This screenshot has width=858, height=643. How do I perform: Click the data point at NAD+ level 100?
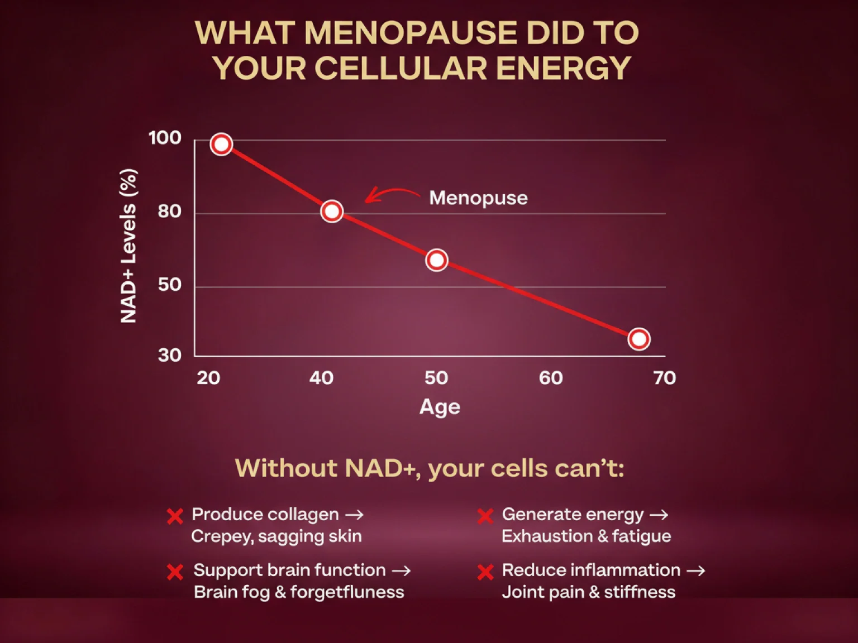(221, 145)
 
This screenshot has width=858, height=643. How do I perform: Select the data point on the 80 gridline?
(332, 212)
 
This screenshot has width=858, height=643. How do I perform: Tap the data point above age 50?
(436, 260)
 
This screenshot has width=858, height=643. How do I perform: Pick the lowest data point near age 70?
(638, 339)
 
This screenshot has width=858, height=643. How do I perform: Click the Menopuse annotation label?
(478, 198)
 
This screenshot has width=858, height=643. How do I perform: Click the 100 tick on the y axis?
(165, 138)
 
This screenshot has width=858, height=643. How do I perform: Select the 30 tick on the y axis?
(169, 355)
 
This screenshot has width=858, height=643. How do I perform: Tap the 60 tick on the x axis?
(551, 378)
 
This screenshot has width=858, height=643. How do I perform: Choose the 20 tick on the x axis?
(208, 378)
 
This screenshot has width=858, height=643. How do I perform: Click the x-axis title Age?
(440, 407)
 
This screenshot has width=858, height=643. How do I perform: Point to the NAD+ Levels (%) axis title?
(128, 246)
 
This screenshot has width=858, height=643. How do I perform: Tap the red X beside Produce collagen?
(175, 516)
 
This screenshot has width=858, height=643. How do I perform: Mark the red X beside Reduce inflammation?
(485, 572)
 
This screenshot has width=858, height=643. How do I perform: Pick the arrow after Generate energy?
(659, 515)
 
